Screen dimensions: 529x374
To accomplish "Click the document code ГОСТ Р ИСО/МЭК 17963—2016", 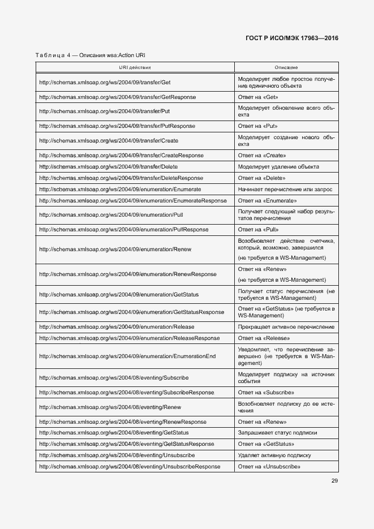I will coord(292,38).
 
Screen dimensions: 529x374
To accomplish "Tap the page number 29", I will coord(334,481).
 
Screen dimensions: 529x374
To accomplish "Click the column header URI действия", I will coord(135,67).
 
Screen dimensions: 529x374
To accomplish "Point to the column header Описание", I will coord(286,67).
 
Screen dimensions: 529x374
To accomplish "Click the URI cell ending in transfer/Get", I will coord(105,83).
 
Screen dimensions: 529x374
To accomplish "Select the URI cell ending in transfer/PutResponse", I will coord(117,126).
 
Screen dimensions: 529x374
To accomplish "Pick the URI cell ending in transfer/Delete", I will coord(108,167).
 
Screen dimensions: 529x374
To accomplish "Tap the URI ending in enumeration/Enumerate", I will coord(120,189).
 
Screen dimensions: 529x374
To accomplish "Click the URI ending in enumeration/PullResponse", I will coord(123,230).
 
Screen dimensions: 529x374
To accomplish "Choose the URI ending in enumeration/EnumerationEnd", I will coord(127,356).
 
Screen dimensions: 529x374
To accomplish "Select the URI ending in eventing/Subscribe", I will coord(114,377).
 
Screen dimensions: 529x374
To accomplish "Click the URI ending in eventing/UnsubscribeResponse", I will coord(130,467).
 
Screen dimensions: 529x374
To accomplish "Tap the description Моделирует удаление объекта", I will coord(278,167).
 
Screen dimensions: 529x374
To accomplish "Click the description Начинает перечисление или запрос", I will coord(285,189).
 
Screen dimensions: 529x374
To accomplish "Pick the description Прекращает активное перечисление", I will coord(286,327).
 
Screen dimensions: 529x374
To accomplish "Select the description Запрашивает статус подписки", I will coord(277,433).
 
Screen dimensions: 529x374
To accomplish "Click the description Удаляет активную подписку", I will coord(274,455).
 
